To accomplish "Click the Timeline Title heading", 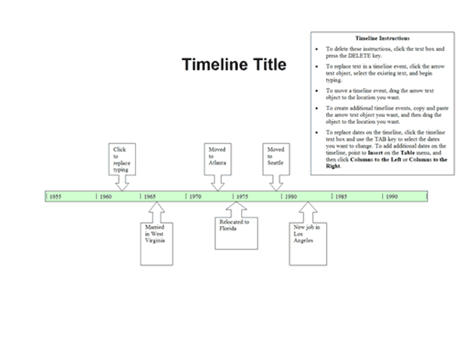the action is pyautogui.click(x=234, y=65).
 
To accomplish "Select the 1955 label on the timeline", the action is pyautogui.click(x=55, y=196).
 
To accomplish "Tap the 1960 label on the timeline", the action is pyautogui.click(x=105, y=196).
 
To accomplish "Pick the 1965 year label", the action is pyautogui.click(x=150, y=196).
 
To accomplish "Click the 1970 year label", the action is pyautogui.click(x=195, y=196).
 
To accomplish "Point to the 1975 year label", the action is pyautogui.click(x=242, y=196).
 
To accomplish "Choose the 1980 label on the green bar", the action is pyautogui.click(x=291, y=196).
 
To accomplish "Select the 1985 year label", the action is pyautogui.click(x=341, y=196).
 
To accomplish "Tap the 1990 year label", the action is pyautogui.click(x=392, y=196).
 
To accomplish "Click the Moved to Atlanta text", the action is pyautogui.click(x=218, y=156).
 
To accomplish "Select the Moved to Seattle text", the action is pyautogui.click(x=275, y=156).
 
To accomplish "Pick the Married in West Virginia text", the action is pyautogui.click(x=155, y=234).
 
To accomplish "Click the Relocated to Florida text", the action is pyautogui.click(x=234, y=225).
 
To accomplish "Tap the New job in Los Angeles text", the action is pyautogui.click(x=307, y=234).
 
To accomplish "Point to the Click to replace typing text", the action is pyautogui.click(x=122, y=160).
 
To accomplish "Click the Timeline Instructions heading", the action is pyautogui.click(x=382, y=38).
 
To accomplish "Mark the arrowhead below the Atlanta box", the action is pyautogui.click(x=218, y=187).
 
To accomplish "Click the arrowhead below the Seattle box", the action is pyautogui.click(x=276, y=187).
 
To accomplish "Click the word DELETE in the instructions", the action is pyautogui.click(x=360, y=56).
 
